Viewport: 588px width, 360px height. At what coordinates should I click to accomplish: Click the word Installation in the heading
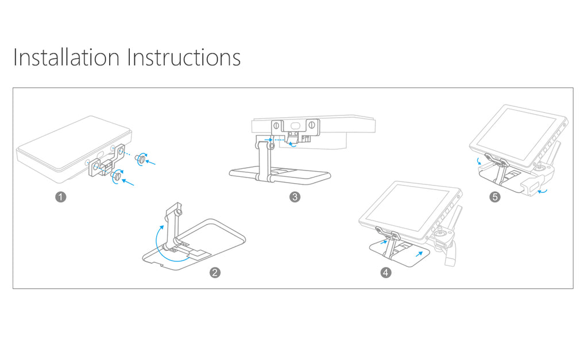coord(67,57)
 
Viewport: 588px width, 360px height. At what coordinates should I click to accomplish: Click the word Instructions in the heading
coord(184,57)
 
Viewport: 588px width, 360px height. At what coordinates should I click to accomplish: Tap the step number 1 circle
coord(61,197)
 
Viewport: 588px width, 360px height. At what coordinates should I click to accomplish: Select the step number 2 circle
coord(215,273)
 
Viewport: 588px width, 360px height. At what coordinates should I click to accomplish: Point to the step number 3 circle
coord(295,197)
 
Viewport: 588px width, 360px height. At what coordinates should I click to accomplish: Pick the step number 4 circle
coord(386,273)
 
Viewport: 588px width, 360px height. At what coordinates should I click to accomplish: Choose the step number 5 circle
coord(495,197)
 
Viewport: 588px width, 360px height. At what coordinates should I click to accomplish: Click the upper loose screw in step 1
coord(141,159)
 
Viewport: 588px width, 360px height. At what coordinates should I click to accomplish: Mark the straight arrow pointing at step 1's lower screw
coord(128,182)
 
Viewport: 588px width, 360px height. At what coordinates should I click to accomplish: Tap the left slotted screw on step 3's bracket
coord(276,125)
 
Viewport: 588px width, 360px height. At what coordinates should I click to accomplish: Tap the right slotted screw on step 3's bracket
coord(312,124)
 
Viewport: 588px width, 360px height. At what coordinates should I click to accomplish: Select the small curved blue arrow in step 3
coord(292,144)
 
